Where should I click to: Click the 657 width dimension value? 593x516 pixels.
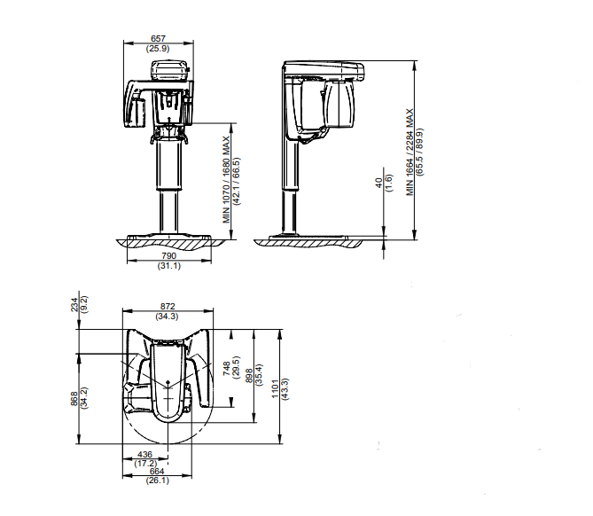pyautogui.click(x=158, y=39)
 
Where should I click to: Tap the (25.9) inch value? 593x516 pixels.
pyautogui.click(x=158, y=49)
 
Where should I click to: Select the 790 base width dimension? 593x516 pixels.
pyautogui.click(x=168, y=255)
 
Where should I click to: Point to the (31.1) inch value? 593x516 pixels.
pyautogui.click(x=169, y=266)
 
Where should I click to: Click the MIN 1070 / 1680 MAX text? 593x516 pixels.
pyautogui.click(x=226, y=180)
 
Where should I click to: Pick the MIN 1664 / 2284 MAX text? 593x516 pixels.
pyautogui.click(x=410, y=152)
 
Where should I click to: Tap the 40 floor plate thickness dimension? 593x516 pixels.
pyautogui.click(x=379, y=184)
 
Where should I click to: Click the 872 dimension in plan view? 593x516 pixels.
pyautogui.click(x=168, y=307)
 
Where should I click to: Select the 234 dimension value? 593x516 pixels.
pyautogui.click(x=74, y=304)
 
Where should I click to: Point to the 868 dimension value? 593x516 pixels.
pyautogui.click(x=74, y=399)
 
